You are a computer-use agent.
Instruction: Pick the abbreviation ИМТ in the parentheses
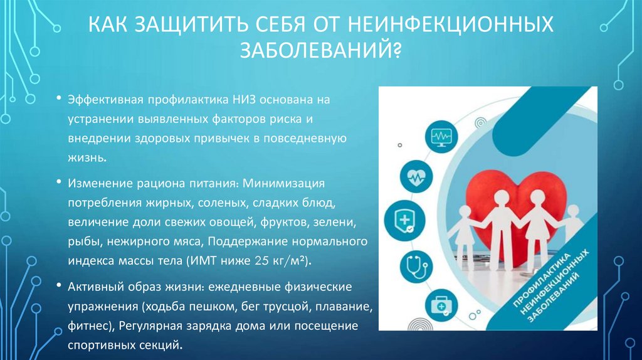point(218,260)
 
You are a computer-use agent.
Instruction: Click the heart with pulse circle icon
point(416,177)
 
